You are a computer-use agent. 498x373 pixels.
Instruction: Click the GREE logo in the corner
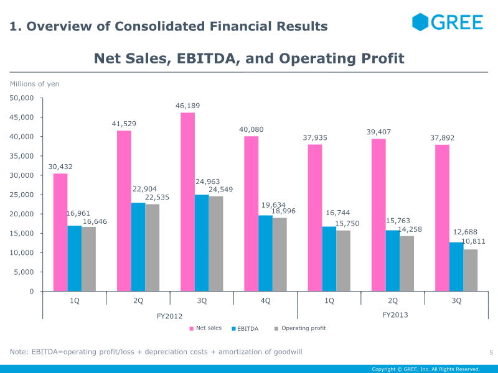(447, 22)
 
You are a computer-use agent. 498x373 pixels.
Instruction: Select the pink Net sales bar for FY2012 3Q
(187, 202)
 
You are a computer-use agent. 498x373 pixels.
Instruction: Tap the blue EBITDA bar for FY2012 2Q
(138, 247)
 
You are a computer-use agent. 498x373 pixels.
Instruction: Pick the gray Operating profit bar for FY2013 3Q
(471, 270)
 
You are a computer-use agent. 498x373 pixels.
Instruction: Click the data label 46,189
(187, 107)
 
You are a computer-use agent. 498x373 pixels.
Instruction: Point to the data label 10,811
(473, 241)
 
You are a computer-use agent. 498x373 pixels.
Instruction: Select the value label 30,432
(60, 167)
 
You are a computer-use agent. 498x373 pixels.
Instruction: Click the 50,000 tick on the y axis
(22, 98)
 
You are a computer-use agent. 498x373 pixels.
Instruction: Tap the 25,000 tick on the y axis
(22, 195)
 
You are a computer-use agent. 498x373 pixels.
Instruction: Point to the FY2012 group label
(170, 316)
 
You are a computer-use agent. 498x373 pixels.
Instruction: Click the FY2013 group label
(395, 315)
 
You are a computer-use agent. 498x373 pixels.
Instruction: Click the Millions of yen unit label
(34, 83)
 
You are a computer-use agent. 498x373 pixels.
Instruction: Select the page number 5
(491, 353)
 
